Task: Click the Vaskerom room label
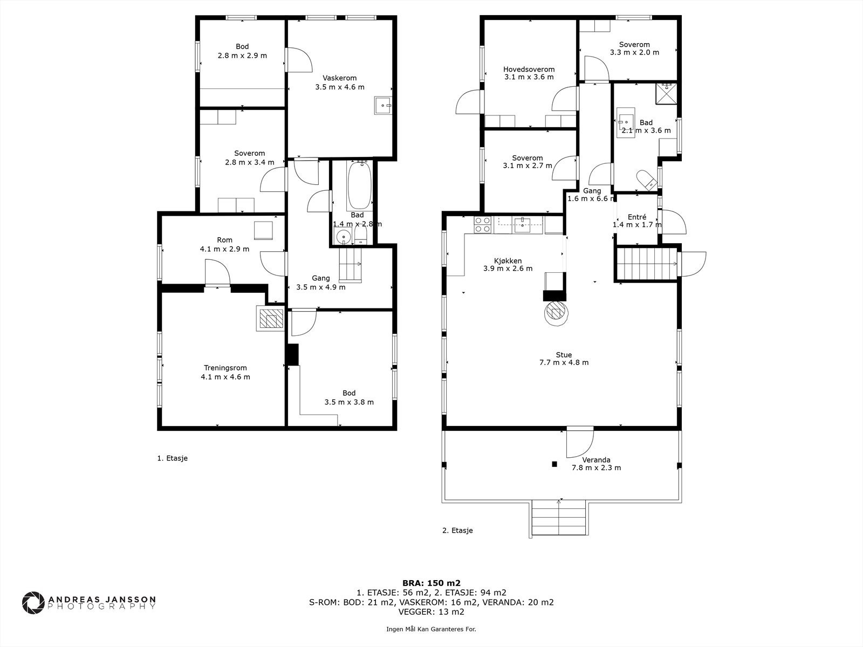pos(340,78)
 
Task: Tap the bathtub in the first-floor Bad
pos(359,186)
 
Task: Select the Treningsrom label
pos(225,368)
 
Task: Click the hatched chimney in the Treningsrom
pos(271,318)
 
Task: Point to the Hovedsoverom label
pos(529,69)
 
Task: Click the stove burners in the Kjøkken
pos(483,225)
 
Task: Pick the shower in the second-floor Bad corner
pos(667,93)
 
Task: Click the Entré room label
pos(637,217)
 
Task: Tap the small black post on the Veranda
pos(554,464)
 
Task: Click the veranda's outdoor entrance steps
pos(559,518)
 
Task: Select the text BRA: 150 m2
pos(432,583)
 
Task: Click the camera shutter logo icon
pos(33,602)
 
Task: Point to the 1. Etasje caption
pos(172,458)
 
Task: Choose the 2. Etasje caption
pos(457,531)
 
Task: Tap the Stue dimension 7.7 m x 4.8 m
pos(564,362)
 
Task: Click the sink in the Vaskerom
pos(383,105)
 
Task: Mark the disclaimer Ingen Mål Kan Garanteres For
pos(431,629)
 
